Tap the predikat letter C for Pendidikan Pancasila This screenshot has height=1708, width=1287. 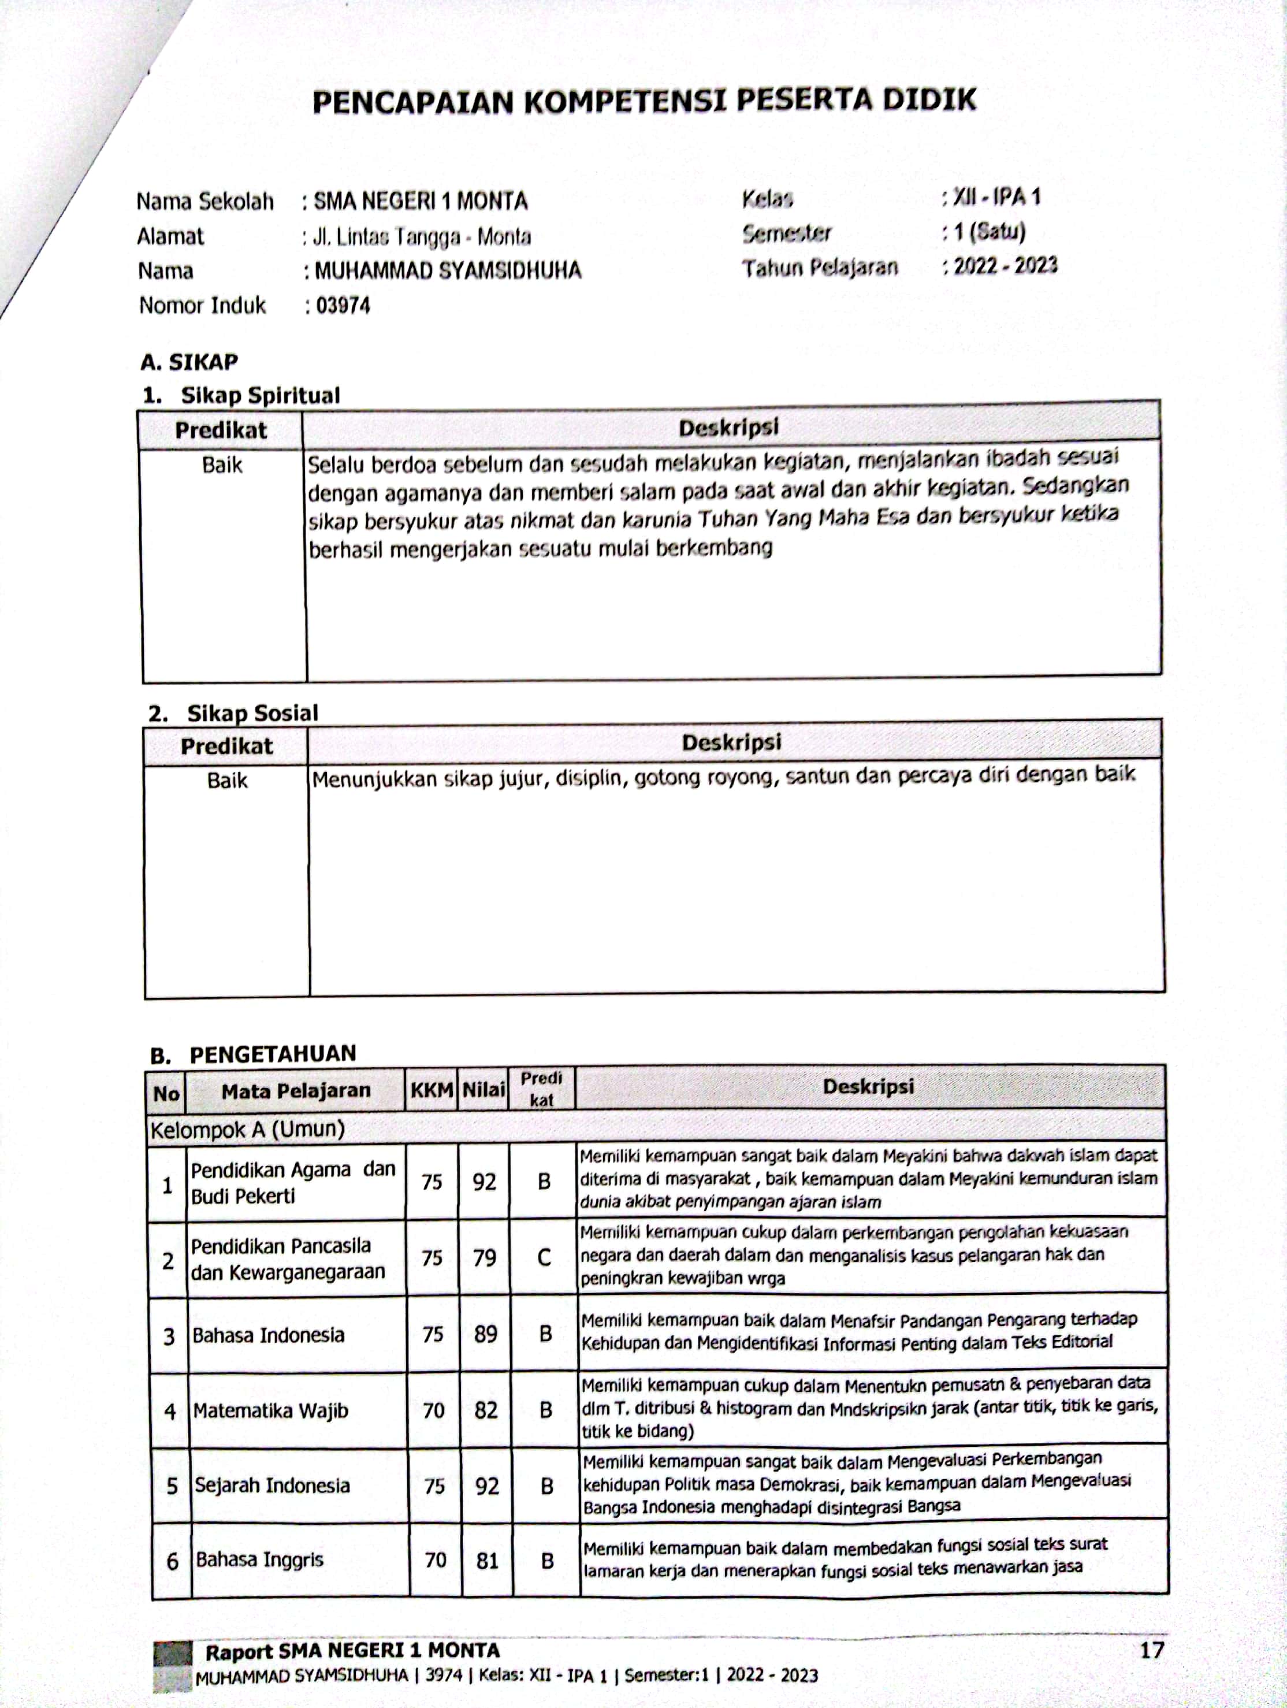pos(544,1258)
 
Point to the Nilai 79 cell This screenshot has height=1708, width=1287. pos(484,1258)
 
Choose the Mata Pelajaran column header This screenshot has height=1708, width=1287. pos(296,1090)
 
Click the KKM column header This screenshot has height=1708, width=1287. pos(431,1090)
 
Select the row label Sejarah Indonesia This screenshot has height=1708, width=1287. pos(271,1486)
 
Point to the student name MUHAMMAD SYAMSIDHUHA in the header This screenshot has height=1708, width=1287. pos(448,271)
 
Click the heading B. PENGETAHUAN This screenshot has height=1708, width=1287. pos(253,1054)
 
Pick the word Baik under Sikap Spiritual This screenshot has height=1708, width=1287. pos(222,466)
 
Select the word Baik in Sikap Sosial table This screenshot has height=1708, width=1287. pos(227,781)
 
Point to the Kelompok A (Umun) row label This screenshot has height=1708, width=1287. pos(247,1130)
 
